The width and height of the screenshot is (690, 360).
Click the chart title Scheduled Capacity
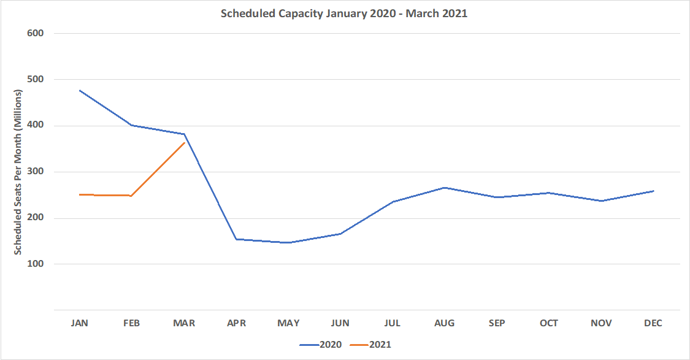[344, 13]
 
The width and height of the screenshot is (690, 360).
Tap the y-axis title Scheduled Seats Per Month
[18, 172]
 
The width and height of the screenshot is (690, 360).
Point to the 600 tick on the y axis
[36, 33]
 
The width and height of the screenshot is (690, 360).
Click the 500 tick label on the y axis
[36, 80]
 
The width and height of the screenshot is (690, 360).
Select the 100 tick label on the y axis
[36, 264]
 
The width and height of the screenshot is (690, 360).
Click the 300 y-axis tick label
[36, 172]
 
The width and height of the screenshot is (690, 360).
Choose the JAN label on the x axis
[80, 323]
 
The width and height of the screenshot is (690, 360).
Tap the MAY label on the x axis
[288, 323]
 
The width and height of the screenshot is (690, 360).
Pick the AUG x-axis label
[445, 323]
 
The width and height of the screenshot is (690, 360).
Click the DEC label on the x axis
[653, 323]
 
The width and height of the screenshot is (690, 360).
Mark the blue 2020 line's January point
[80, 91]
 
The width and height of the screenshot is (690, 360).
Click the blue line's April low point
[237, 239]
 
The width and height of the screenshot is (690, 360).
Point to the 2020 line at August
[445, 188]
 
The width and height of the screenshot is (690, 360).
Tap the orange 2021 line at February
[132, 196]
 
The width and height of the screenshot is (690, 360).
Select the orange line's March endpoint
[184, 143]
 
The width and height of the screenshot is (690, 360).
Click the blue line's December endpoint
[653, 191]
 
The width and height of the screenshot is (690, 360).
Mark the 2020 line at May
[288, 243]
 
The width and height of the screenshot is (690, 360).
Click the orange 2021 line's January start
[80, 194]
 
